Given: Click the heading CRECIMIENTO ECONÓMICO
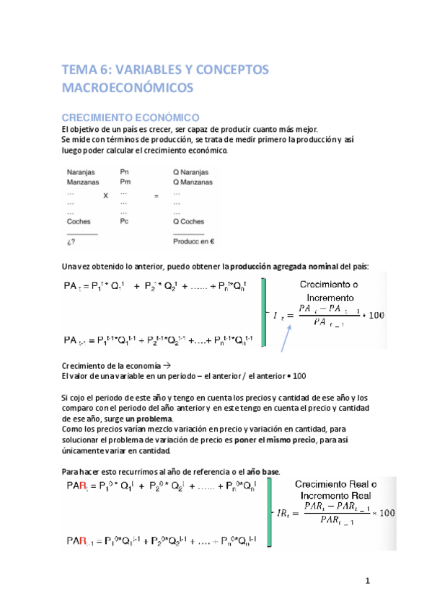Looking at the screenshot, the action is [130, 117].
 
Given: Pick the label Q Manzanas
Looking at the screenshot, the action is [193, 183].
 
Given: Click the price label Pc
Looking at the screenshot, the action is [124, 222].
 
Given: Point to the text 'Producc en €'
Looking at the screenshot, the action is [195, 241].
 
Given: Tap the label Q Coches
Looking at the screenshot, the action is [190, 222].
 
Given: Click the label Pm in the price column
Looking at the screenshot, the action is [125, 183].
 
